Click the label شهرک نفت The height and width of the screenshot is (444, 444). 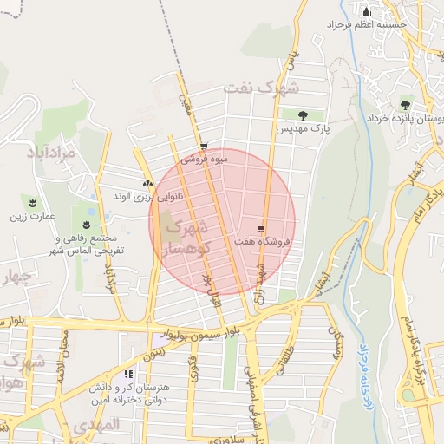coord(261,88)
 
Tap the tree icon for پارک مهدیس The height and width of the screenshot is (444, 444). coord(303,115)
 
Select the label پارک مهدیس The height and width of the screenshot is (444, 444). coord(304,129)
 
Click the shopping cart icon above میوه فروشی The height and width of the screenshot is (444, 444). coord(204,147)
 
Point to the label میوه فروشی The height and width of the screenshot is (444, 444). coord(206,160)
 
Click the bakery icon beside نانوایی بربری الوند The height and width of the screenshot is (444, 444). coord(147,183)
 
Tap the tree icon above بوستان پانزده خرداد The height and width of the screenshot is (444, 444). coord(406,104)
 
